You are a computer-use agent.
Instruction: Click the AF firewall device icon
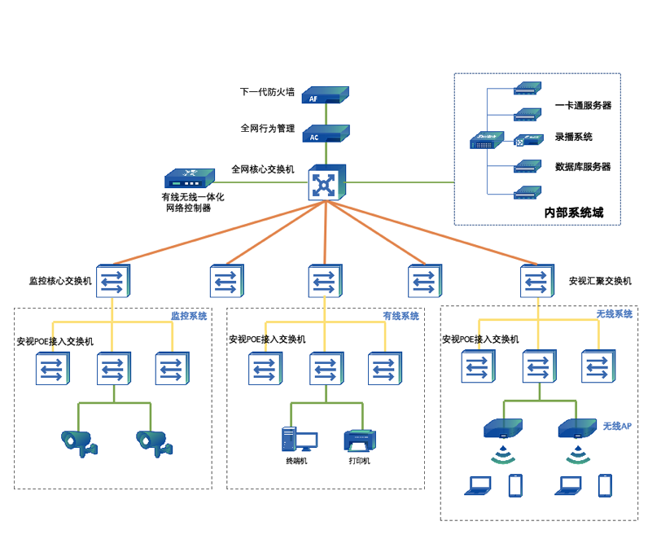326,95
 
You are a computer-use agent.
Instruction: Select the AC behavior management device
326,134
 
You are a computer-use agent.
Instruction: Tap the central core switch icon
326,182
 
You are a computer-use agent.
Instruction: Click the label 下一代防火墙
267,92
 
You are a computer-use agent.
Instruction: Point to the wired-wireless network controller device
189,178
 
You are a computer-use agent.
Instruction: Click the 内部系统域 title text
574,213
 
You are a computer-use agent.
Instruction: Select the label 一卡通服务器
583,106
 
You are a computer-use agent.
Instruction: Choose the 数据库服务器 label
583,167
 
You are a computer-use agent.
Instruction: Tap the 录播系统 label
574,137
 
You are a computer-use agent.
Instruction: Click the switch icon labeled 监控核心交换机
113,282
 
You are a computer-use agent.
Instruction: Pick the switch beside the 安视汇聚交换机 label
537,282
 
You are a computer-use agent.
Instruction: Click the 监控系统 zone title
188,316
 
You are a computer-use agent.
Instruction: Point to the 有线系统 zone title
401,316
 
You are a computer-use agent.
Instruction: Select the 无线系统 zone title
615,314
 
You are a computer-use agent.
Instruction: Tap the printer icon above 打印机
359,440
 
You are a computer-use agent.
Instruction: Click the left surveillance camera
78,441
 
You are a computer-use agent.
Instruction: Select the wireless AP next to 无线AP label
577,428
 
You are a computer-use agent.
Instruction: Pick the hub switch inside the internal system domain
487,142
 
